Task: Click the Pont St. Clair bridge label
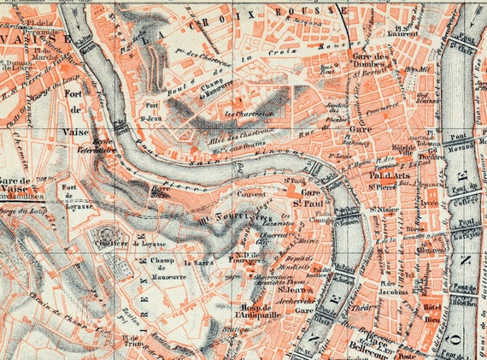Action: (x=467, y=38)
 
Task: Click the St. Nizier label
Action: (x=381, y=207)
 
